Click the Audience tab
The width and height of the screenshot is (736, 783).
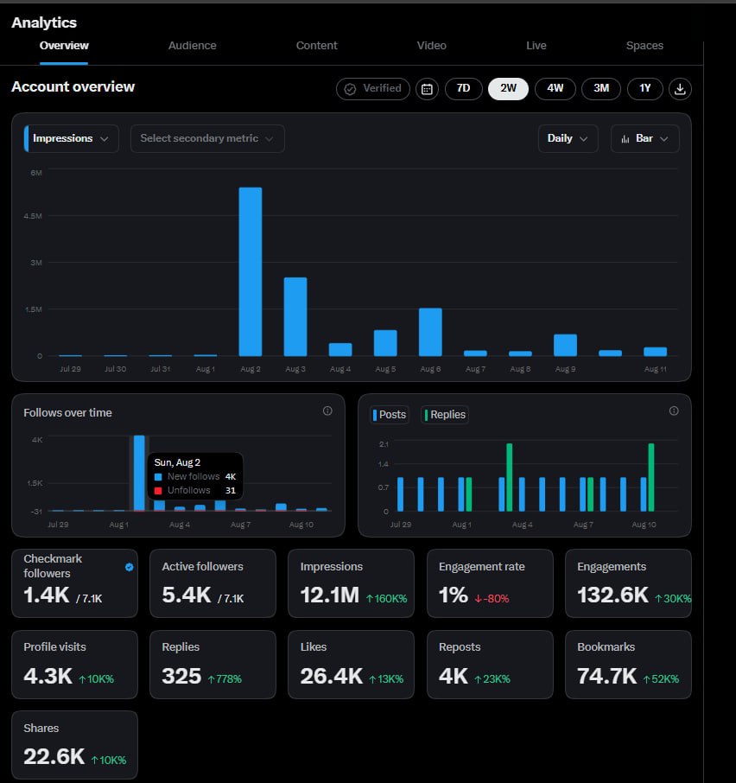(x=192, y=46)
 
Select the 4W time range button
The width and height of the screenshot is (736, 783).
(x=555, y=88)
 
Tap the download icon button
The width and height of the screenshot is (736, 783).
(x=680, y=89)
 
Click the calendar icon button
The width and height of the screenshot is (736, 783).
(x=427, y=89)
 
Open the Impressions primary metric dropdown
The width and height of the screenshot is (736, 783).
(x=72, y=138)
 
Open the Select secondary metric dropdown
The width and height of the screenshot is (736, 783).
(x=207, y=138)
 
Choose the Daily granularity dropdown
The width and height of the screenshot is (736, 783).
(x=568, y=138)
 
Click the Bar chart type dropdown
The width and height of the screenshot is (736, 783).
(x=644, y=138)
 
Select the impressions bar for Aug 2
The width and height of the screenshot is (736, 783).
(x=251, y=271)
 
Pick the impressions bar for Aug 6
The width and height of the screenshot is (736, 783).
(x=430, y=332)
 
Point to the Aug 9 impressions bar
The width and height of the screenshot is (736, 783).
(x=565, y=345)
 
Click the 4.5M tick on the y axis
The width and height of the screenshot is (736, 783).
(x=33, y=216)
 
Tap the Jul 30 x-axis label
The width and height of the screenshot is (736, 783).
(x=115, y=369)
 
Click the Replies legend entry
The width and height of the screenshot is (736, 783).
(x=445, y=415)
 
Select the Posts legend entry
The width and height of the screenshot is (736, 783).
(x=390, y=415)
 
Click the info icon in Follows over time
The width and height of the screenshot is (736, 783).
(x=327, y=411)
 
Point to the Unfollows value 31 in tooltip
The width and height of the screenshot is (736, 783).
(x=230, y=490)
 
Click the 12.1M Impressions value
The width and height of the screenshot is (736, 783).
(x=330, y=595)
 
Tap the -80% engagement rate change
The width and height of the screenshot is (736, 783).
(x=492, y=598)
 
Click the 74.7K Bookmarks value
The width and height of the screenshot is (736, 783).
(x=607, y=676)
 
